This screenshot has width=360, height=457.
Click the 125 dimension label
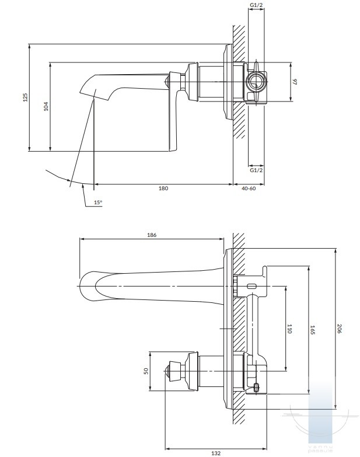[x=25, y=97]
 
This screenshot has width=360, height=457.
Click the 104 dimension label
[x=46, y=106]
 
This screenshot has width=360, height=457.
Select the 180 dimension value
[x=163, y=188]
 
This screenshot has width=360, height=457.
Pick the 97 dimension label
[x=295, y=81]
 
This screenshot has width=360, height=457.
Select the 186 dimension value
[x=152, y=235]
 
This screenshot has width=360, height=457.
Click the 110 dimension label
[x=289, y=328]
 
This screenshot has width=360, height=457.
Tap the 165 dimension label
[x=313, y=330]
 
